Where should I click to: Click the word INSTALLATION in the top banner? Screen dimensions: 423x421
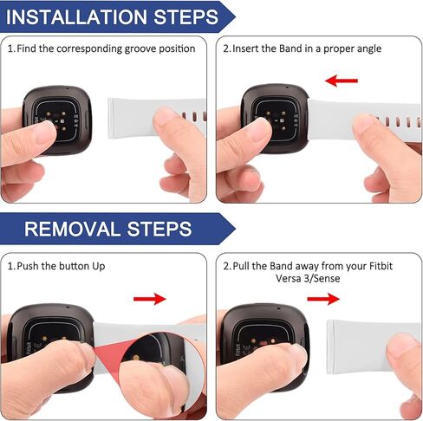(x=76, y=16)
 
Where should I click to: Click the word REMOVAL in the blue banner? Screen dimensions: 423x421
(x=72, y=229)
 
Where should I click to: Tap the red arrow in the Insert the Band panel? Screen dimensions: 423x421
(x=342, y=81)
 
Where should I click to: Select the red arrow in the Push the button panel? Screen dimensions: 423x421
(x=150, y=299)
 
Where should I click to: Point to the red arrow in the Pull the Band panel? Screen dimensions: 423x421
(x=323, y=299)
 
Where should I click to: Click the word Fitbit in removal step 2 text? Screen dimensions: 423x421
(x=381, y=266)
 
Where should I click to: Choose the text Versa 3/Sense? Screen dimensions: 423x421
(x=308, y=278)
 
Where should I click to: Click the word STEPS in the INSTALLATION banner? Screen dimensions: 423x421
(x=185, y=16)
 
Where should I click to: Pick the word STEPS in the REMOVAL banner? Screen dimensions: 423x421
(x=159, y=229)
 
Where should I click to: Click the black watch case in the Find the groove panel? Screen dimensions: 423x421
(x=58, y=119)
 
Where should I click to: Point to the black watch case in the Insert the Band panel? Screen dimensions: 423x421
(x=276, y=119)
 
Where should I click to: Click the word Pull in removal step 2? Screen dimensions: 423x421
(x=241, y=266)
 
